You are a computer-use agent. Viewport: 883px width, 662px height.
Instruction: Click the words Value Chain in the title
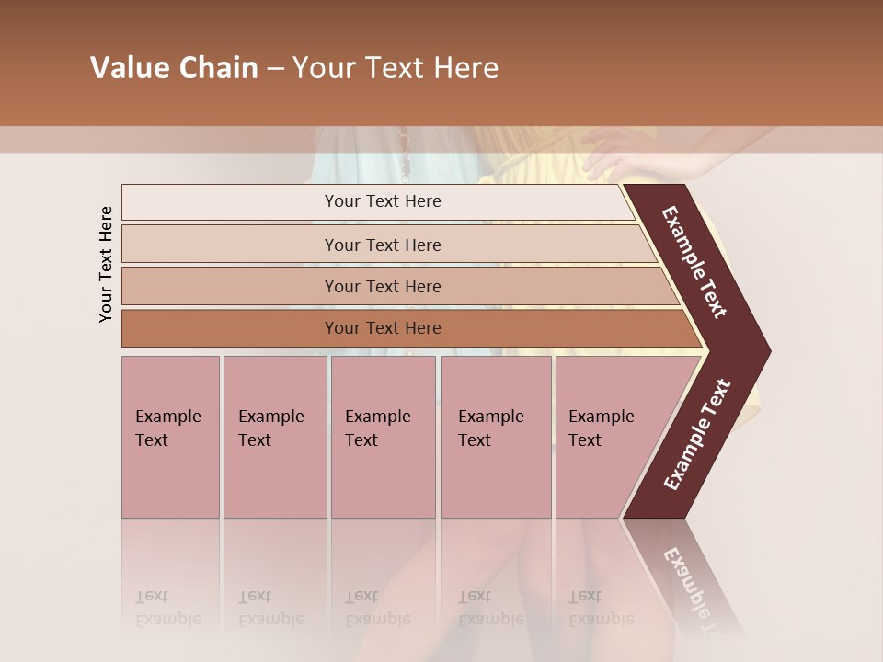pos(174,68)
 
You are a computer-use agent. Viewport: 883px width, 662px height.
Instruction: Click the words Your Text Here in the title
pos(396,68)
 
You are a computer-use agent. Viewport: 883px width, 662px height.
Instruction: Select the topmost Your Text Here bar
pos(382,201)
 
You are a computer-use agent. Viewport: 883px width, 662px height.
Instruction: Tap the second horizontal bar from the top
pos(382,245)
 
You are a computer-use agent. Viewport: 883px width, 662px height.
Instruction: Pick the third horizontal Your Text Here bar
pos(382,286)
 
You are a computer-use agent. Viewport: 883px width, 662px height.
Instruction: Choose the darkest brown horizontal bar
pos(382,328)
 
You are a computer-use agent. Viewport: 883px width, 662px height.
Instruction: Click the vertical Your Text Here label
pos(106,264)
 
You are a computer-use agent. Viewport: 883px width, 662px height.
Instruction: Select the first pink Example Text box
pos(170,436)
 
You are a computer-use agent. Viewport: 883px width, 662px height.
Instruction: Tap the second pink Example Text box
pos(274,436)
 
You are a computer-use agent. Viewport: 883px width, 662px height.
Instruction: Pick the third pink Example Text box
pos(383,436)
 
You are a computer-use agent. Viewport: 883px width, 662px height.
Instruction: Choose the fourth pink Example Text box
pos(495,436)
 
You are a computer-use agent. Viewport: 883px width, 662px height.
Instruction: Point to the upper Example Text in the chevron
pos(695,262)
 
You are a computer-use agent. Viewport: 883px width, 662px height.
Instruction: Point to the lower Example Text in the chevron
pos(697,435)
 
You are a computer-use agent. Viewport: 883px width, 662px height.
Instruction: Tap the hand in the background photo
pos(625,152)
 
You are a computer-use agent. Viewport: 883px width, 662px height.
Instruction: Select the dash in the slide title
pos(275,69)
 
